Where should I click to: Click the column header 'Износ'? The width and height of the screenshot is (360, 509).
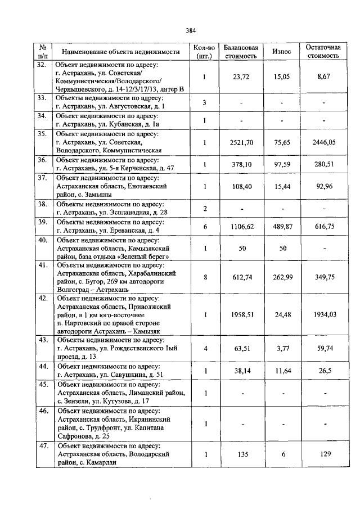[281, 51]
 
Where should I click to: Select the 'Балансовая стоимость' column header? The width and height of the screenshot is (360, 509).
[241, 51]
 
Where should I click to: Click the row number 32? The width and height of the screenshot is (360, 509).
[41, 65]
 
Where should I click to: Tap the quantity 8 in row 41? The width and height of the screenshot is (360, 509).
[205, 277]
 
